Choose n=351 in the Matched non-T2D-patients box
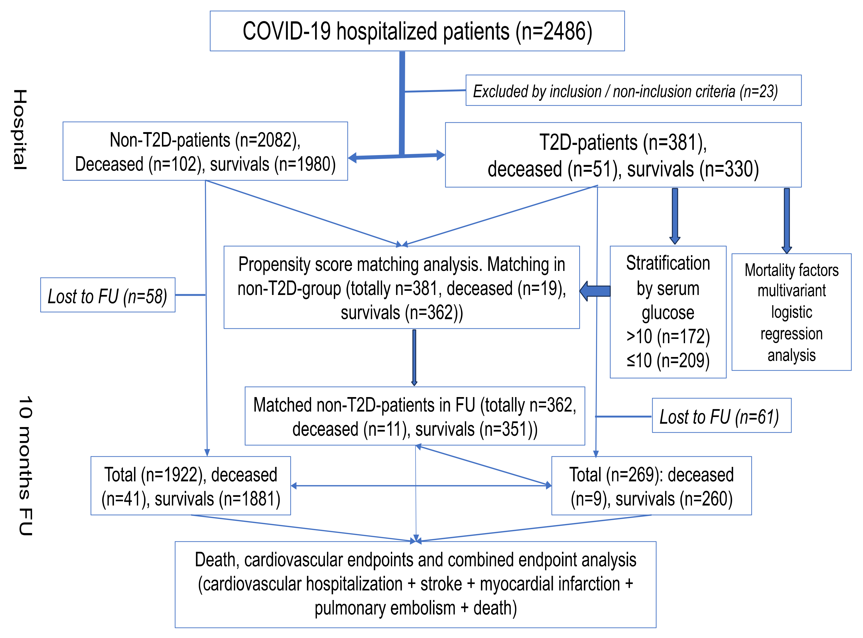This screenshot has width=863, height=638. click(507, 429)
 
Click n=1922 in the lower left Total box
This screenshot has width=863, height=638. click(173, 475)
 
